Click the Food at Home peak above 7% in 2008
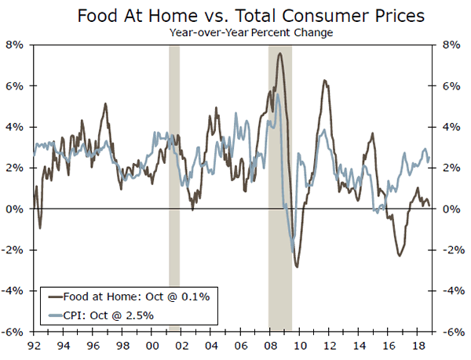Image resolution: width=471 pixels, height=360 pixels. click(x=279, y=53)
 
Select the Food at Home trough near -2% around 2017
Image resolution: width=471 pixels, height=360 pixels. click(x=400, y=256)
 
